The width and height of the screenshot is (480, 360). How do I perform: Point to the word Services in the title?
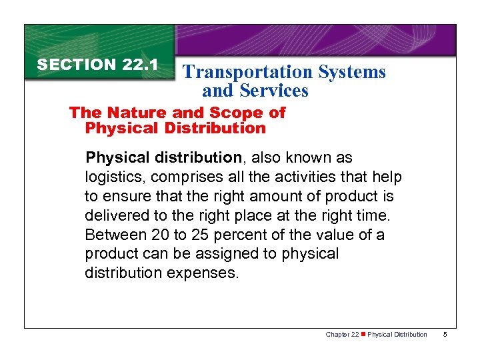275,91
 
